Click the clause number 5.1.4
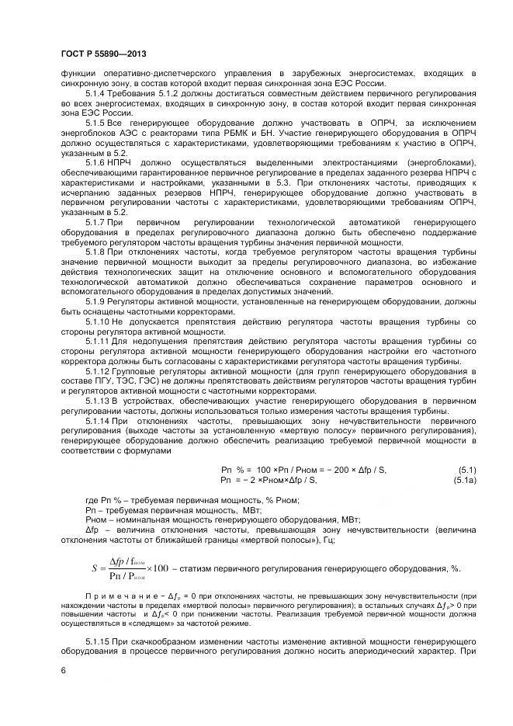[96, 93]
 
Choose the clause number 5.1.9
[96, 300]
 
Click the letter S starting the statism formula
[94, 568]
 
